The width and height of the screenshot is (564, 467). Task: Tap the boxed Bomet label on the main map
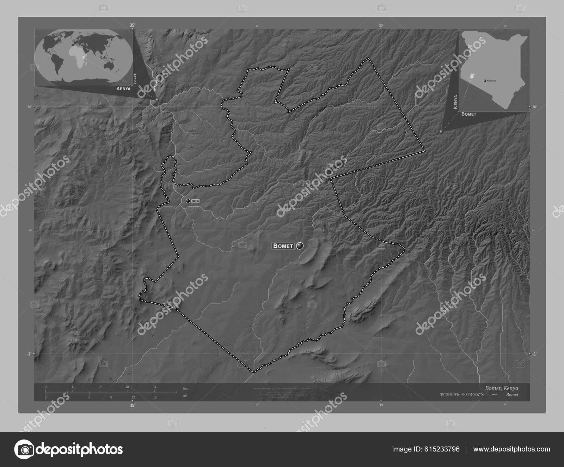(x=283, y=246)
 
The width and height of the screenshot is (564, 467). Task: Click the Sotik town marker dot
(x=188, y=201)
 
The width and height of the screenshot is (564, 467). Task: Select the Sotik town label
(x=195, y=201)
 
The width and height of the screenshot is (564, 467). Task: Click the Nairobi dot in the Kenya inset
(x=485, y=81)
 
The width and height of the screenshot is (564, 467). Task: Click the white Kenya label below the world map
(x=123, y=89)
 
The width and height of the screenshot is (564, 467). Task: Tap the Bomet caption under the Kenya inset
(x=468, y=114)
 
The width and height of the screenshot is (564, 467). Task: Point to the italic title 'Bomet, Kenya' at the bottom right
(x=502, y=388)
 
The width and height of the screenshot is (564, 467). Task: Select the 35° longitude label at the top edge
(x=132, y=25)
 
